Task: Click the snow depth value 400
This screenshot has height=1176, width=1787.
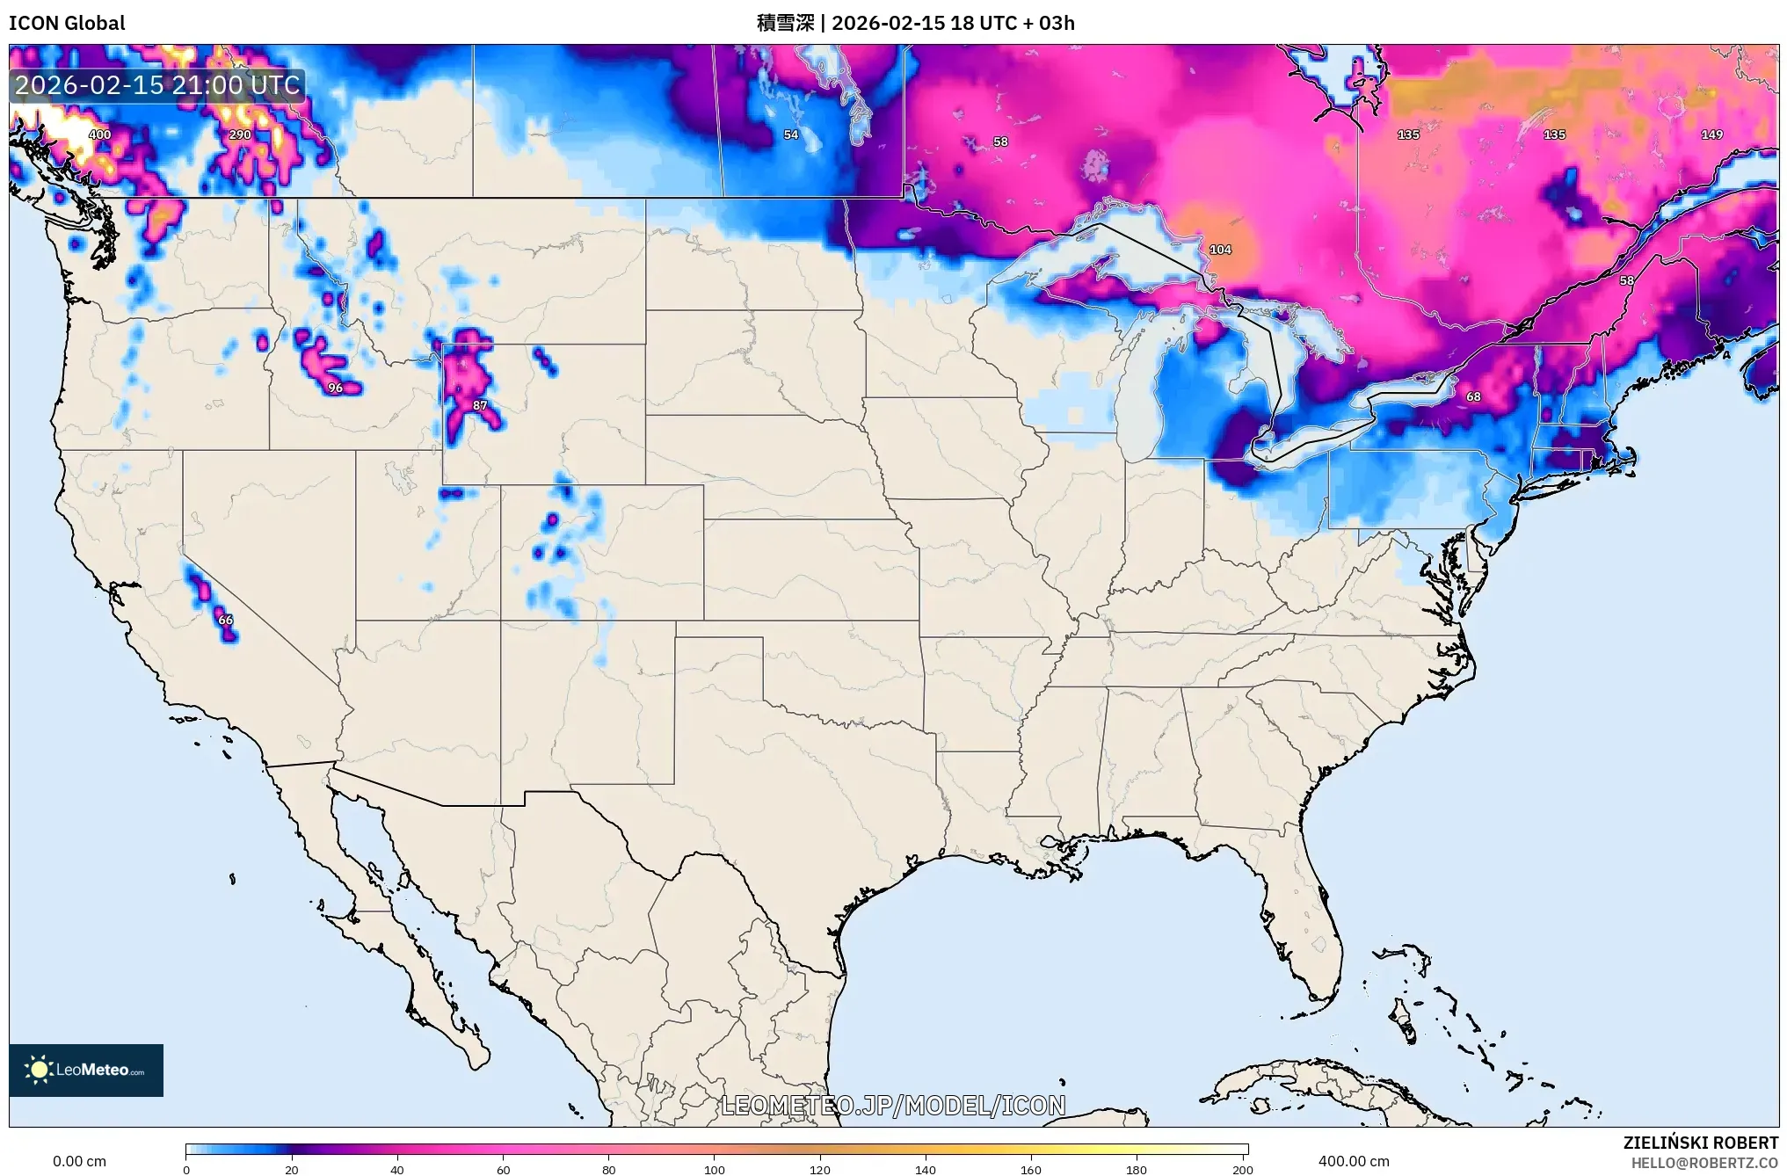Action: pyautogui.click(x=99, y=134)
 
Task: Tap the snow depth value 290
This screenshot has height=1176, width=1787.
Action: pyautogui.click(x=239, y=134)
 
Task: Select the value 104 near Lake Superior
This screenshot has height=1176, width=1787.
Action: pyautogui.click(x=1220, y=250)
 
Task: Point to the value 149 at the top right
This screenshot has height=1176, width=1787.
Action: pyautogui.click(x=1711, y=134)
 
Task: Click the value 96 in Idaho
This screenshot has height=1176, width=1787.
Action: pyautogui.click(x=335, y=388)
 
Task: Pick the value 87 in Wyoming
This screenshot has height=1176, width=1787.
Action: pyautogui.click(x=480, y=405)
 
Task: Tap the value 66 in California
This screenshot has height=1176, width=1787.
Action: pyautogui.click(x=226, y=620)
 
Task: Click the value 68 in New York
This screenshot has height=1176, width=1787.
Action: pyautogui.click(x=1473, y=396)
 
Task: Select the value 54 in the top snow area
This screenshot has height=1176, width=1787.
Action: pyautogui.click(x=791, y=134)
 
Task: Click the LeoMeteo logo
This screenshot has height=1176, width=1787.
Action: pyautogui.click(x=86, y=1070)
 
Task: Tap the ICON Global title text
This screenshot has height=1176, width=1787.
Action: pyautogui.click(x=67, y=23)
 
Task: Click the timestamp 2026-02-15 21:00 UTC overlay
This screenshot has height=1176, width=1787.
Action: pyautogui.click(x=157, y=85)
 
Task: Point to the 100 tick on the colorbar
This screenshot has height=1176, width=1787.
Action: pyautogui.click(x=715, y=1169)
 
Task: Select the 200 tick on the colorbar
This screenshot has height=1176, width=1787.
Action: pyautogui.click(x=1242, y=1169)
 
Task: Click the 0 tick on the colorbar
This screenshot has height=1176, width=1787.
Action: pyautogui.click(x=186, y=1169)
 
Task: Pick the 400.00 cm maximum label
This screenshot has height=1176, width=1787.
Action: pyautogui.click(x=1354, y=1161)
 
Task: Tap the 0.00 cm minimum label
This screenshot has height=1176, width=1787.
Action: pyautogui.click(x=79, y=1161)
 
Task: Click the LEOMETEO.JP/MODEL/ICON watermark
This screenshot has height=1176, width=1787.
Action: pyautogui.click(x=893, y=1106)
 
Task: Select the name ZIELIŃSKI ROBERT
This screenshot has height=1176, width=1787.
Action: pyautogui.click(x=1700, y=1143)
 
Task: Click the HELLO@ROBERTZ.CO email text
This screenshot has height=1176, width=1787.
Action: pyautogui.click(x=1704, y=1163)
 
